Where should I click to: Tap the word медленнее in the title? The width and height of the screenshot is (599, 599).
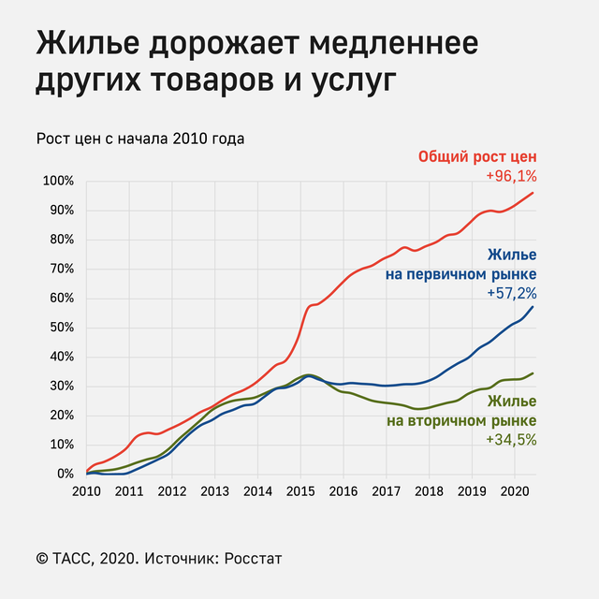point(390,45)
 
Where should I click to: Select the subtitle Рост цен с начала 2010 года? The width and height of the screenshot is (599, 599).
point(140,139)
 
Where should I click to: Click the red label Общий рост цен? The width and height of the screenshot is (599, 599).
point(477,156)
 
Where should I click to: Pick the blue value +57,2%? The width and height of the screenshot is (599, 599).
point(511,293)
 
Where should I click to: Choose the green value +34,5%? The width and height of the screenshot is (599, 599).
point(511,439)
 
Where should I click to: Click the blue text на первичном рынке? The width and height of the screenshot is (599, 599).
point(460,274)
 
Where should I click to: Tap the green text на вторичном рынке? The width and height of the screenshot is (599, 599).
point(461,420)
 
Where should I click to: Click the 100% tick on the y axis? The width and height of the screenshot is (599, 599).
point(58,181)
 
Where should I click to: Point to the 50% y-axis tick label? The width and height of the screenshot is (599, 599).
point(61,328)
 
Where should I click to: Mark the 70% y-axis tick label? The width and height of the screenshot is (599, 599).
point(61,269)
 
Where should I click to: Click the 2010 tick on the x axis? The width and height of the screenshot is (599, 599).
point(86,490)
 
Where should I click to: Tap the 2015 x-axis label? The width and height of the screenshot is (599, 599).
point(300,490)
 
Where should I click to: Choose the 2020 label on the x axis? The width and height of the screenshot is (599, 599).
point(515,490)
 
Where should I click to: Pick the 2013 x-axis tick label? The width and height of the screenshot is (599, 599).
point(214,490)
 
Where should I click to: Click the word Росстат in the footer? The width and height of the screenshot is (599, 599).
point(250,559)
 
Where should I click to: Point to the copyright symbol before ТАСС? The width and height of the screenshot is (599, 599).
point(42,559)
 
